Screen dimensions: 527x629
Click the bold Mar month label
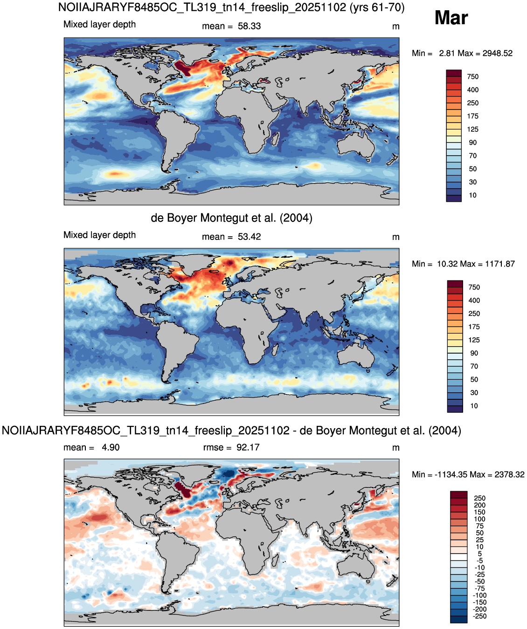(x=451, y=18)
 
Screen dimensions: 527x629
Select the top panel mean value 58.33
(x=249, y=26)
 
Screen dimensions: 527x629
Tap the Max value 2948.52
(x=497, y=53)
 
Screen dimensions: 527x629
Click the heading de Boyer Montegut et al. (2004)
(x=231, y=218)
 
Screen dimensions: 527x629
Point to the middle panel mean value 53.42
(x=249, y=237)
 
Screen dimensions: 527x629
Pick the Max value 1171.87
(x=499, y=264)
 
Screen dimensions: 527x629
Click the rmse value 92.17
(x=248, y=447)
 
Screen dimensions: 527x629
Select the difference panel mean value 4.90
(x=111, y=447)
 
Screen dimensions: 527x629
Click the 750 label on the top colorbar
(x=473, y=77)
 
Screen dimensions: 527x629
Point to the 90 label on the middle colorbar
(x=474, y=353)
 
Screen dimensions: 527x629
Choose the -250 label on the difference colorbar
(x=479, y=616)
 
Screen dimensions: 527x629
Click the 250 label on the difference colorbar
(x=480, y=498)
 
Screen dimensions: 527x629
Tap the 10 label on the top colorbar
(x=473, y=195)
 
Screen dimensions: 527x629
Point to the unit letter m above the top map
(x=395, y=27)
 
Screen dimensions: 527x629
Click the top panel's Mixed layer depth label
(x=99, y=24)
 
